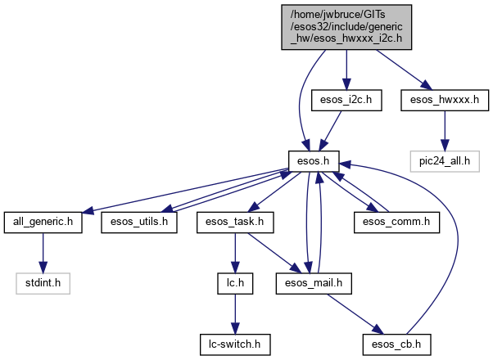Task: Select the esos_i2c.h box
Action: coord(342,101)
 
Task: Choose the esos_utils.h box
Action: coord(140,222)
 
